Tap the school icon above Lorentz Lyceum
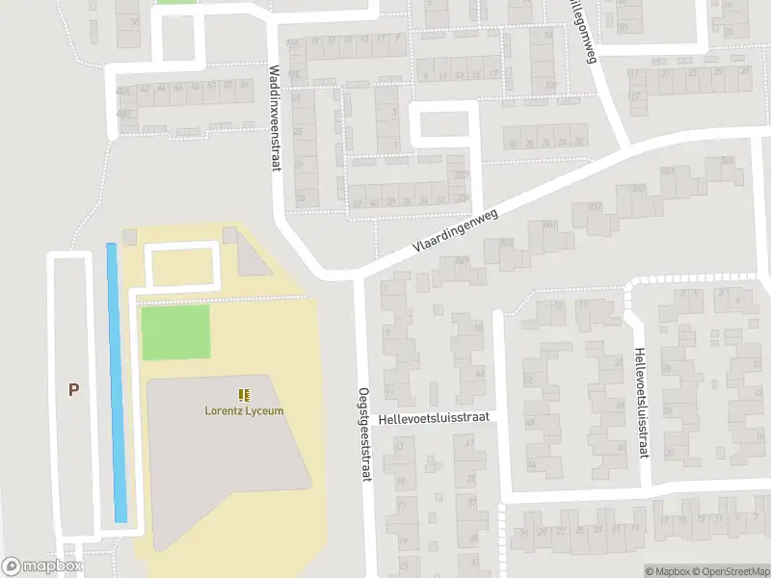tap(244, 394)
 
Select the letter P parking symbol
tap(72, 389)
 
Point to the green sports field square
tap(175, 331)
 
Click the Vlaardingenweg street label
tap(455, 232)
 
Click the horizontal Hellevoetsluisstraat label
tap(435, 417)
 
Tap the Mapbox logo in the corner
tap(40, 566)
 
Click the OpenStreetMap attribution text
tap(733, 571)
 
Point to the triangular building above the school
tap(252, 255)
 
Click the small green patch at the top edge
tap(175, 2)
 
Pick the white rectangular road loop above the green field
tap(181, 267)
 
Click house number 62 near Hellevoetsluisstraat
tap(481, 373)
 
